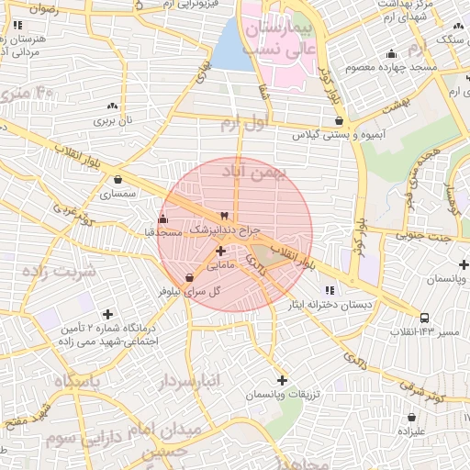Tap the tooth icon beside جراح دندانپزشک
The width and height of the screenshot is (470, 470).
[224, 215]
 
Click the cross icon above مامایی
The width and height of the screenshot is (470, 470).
[220, 251]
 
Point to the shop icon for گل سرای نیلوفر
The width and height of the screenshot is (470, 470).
[189, 277]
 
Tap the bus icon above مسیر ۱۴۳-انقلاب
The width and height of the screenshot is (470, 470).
[424, 319]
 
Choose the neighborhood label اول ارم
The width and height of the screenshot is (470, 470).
[269, 121]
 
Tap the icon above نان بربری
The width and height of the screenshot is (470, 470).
[112, 106]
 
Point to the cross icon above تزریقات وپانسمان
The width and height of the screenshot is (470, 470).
[281, 380]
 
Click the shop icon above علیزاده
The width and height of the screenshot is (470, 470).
[410, 417]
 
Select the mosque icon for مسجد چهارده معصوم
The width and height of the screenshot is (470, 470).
[392, 53]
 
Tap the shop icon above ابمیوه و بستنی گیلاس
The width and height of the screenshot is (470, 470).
[340, 120]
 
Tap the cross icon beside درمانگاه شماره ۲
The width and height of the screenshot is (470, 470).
[107, 314]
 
